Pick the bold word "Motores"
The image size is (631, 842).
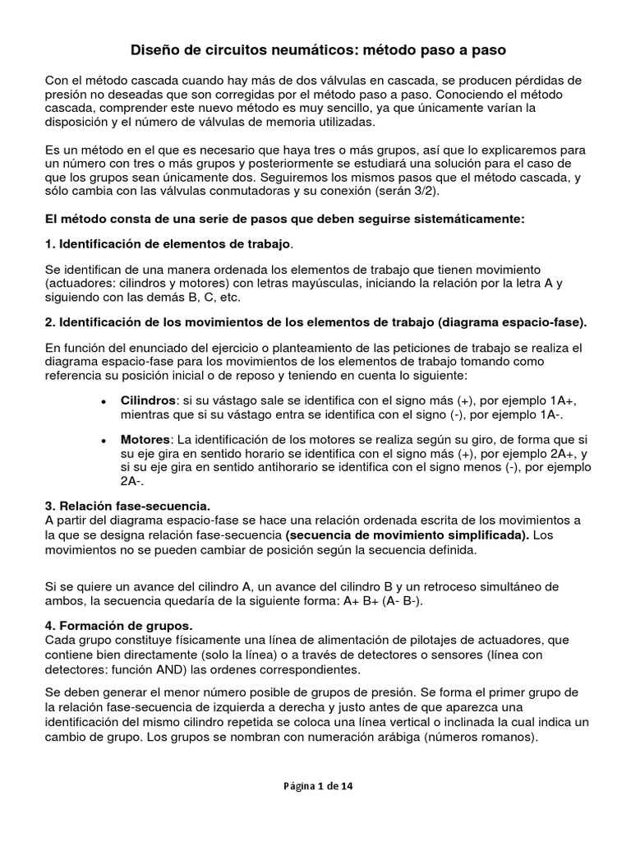point(145,440)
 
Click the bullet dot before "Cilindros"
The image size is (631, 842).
point(102,400)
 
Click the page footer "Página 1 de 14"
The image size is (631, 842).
point(315,786)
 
